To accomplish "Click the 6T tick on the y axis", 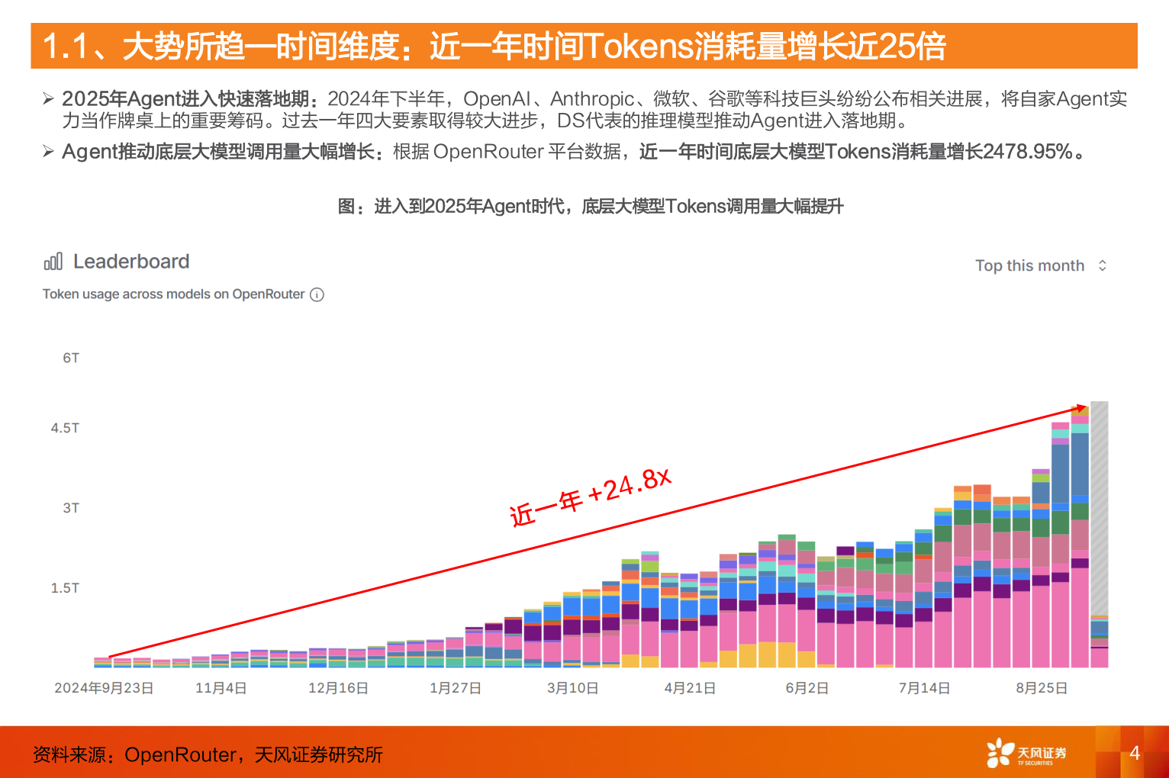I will pyautogui.click(x=71, y=358).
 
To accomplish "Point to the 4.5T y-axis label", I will pyautogui.click(x=65, y=428).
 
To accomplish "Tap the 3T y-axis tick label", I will pyautogui.click(x=71, y=508).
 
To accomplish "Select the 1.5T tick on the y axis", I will pyautogui.click(x=65, y=588).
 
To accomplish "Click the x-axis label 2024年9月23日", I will pyautogui.click(x=104, y=688).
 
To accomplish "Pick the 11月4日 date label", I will pyautogui.click(x=221, y=688).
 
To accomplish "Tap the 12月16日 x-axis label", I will pyautogui.click(x=338, y=688).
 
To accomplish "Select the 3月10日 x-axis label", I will pyautogui.click(x=572, y=688).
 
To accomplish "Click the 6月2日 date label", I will pyautogui.click(x=807, y=688).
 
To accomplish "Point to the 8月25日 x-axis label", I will pyautogui.click(x=1042, y=688).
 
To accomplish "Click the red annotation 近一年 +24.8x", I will pyautogui.click(x=590, y=497).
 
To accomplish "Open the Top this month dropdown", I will pyautogui.click(x=1040, y=265).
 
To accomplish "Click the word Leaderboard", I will pyautogui.click(x=131, y=262).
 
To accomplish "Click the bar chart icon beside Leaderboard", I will pyautogui.click(x=53, y=262).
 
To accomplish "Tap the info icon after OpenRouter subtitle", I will pyautogui.click(x=317, y=294).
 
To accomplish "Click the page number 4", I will pyautogui.click(x=1135, y=753).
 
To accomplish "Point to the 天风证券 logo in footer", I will pyautogui.click(x=1026, y=753).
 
